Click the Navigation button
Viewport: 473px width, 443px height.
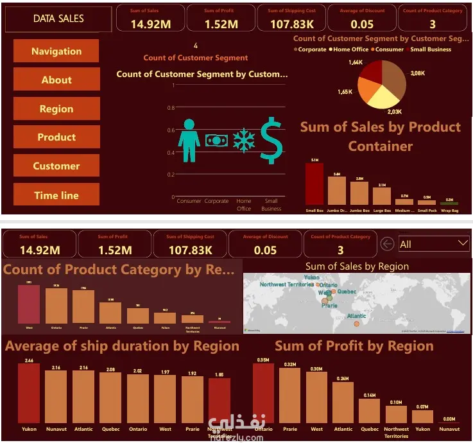pyautogui.click(x=56, y=51)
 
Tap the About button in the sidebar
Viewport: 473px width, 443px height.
pyautogui.click(x=56, y=80)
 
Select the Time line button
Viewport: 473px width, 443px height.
pyautogui.click(x=56, y=195)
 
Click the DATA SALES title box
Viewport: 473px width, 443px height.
pyautogui.click(x=58, y=19)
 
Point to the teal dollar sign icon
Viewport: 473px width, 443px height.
pyautogui.click(x=271, y=140)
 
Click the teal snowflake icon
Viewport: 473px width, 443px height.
pyautogui.click(x=244, y=140)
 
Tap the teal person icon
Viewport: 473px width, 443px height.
pyautogui.click(x=189, y=140)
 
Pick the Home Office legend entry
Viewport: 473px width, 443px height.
pyautogui.click(x=350, y=49)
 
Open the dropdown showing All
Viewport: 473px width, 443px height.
pyautogui.click(x=434, y=244)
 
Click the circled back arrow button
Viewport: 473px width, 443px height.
pyautogui.click(x=387, y=244)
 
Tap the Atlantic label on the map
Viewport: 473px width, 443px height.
pyautogui.click(x=357, y=316)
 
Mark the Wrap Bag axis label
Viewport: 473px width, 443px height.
pyautogui.click(x=450, y=210)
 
